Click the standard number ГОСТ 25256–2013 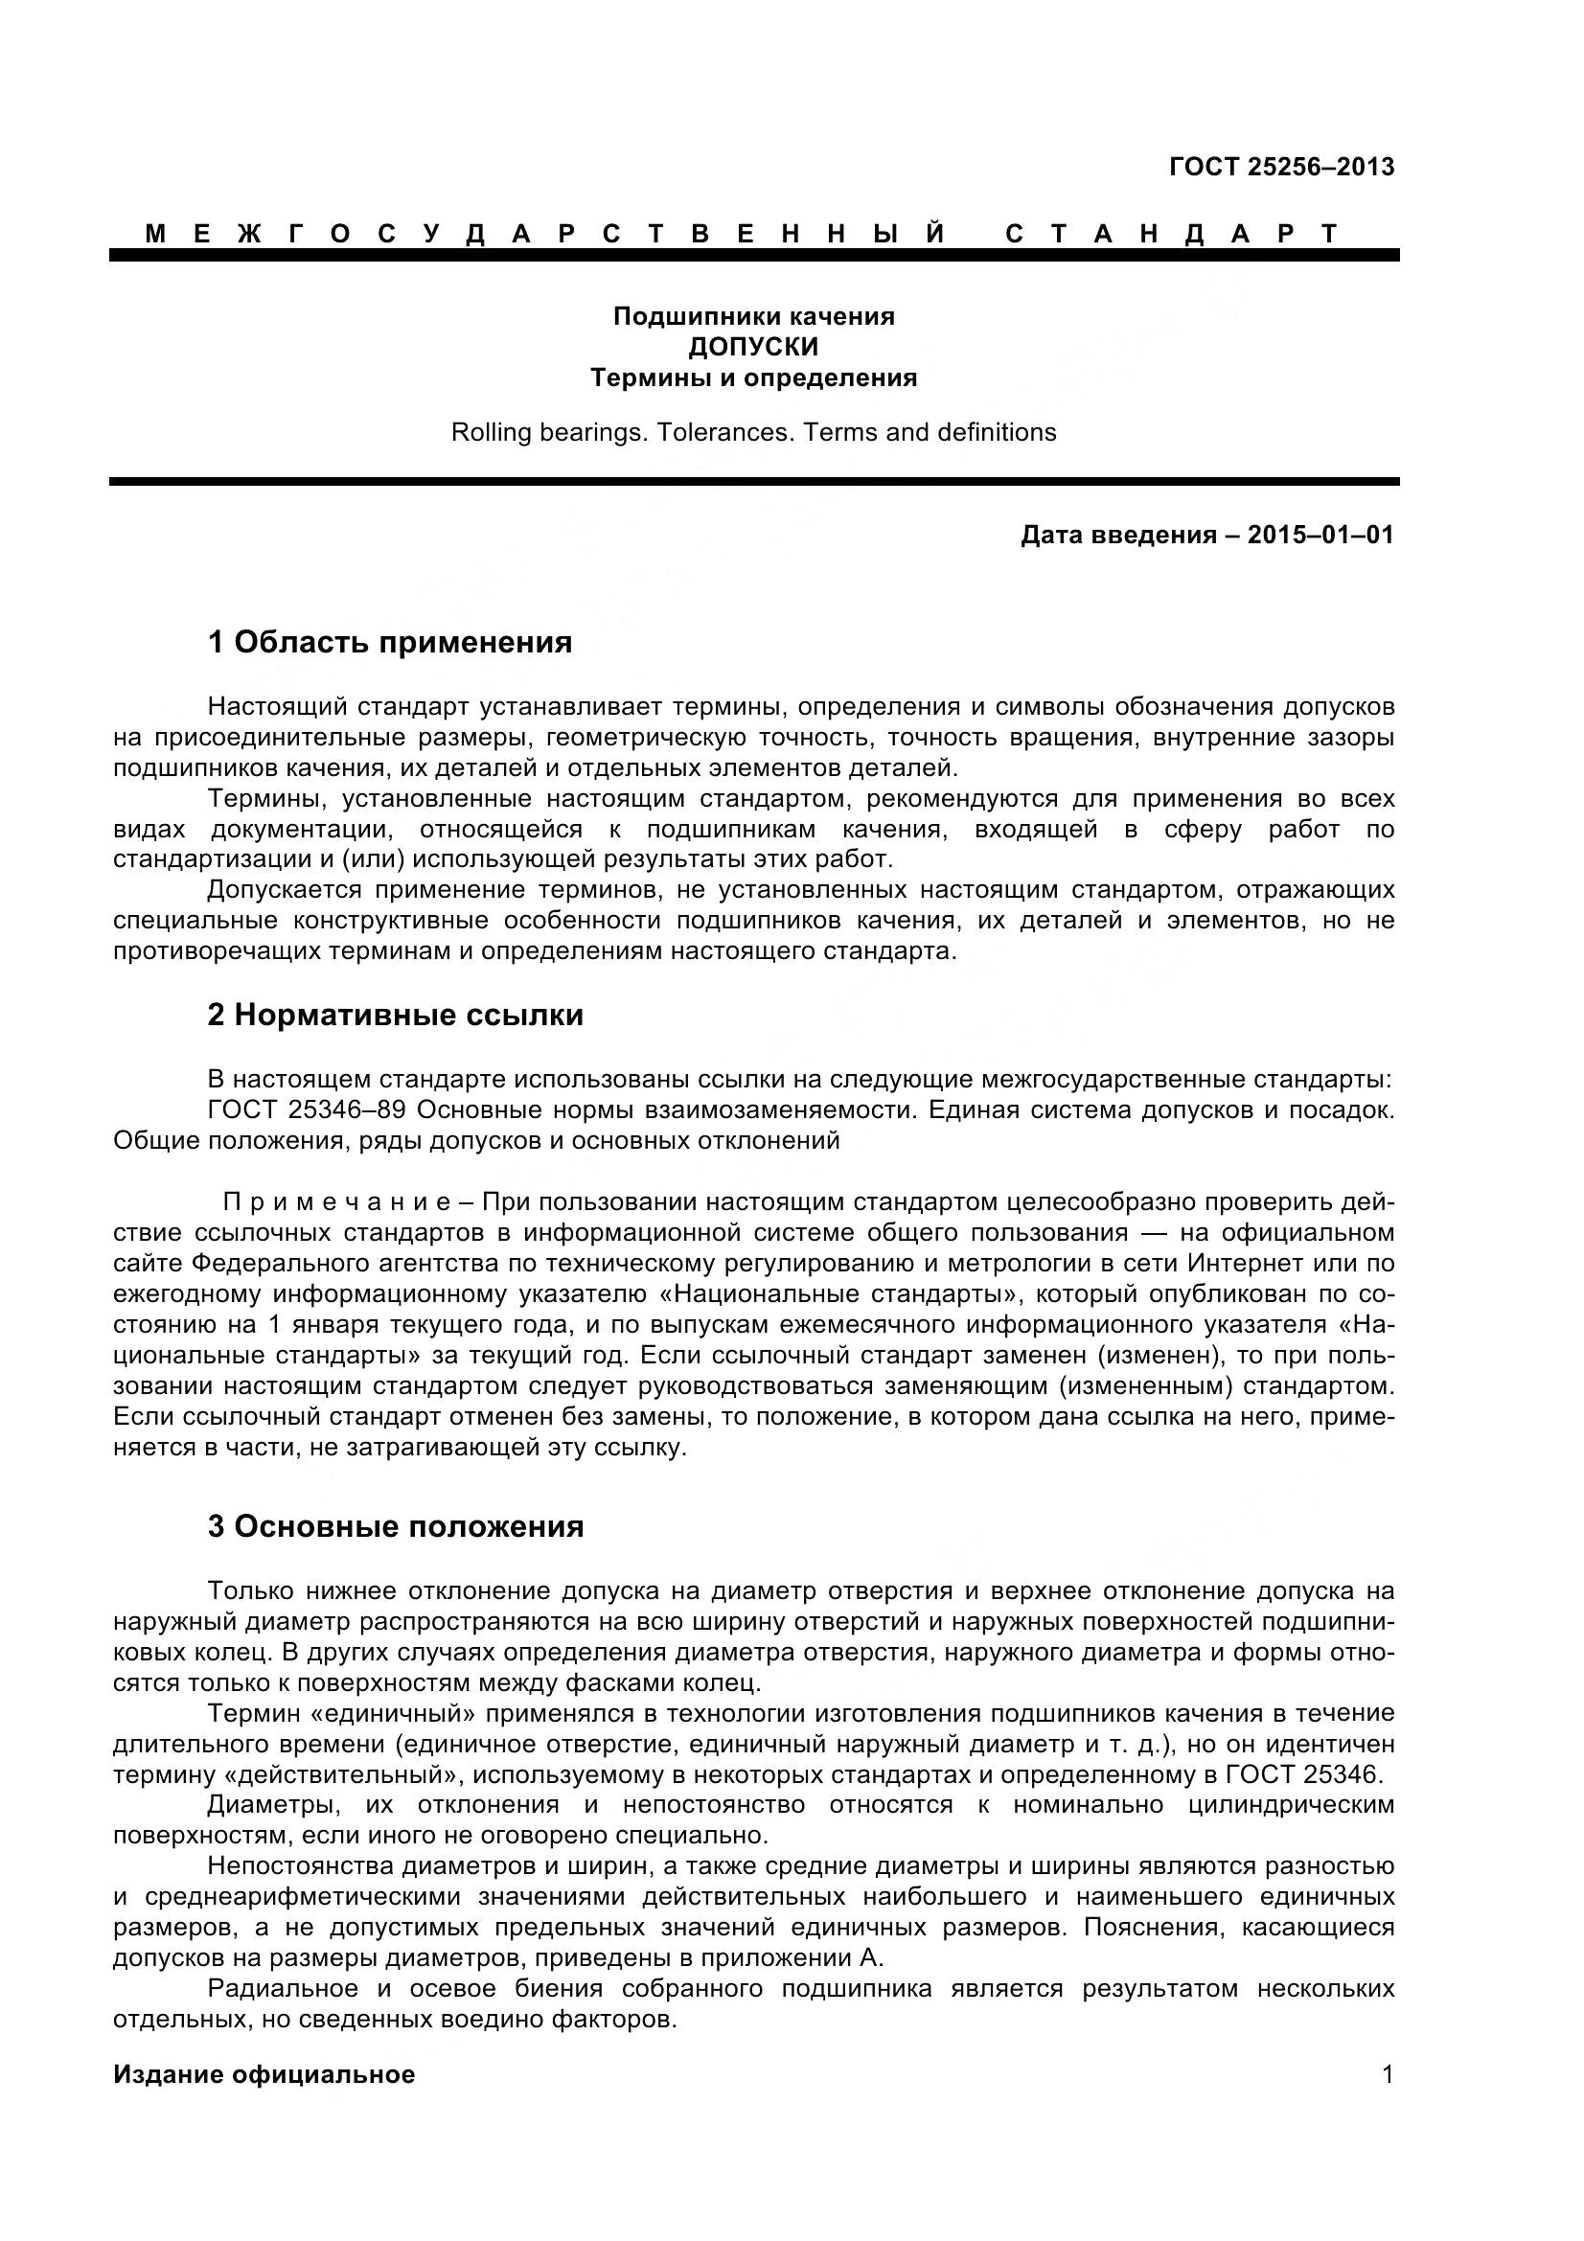coord(1281,167)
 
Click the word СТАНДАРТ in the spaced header coord(1171,233)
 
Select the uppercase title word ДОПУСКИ coord(752,347)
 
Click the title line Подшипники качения coord(752,316)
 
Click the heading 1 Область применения coord(389,642)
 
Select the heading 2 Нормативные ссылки coord(394,1015)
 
